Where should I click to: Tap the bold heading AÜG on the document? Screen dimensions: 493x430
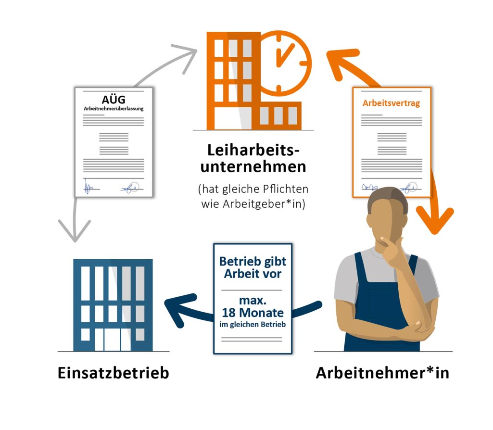coord(114,100)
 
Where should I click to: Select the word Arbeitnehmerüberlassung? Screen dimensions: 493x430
coord(114,108)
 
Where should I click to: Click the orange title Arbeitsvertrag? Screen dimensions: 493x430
coord(391,103)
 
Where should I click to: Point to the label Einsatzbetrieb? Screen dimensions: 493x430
coord(114,373)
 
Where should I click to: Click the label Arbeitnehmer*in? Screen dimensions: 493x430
coord(383,373)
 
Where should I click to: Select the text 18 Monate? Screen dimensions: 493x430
coord(253,313)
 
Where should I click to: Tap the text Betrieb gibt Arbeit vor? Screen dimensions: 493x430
coord(253,267)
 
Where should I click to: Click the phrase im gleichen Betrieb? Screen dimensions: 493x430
coord(253,324)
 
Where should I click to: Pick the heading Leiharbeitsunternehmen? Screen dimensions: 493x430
coord(253,158)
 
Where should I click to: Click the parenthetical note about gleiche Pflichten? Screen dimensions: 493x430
coord(253,196)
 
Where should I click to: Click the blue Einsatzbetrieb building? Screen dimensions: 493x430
coord(113,305)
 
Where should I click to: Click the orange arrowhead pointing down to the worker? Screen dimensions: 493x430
coord(435,220)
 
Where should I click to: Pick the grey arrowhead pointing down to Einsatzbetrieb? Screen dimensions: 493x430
coord(75,231)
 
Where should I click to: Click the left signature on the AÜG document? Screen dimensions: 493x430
coord(89,187)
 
